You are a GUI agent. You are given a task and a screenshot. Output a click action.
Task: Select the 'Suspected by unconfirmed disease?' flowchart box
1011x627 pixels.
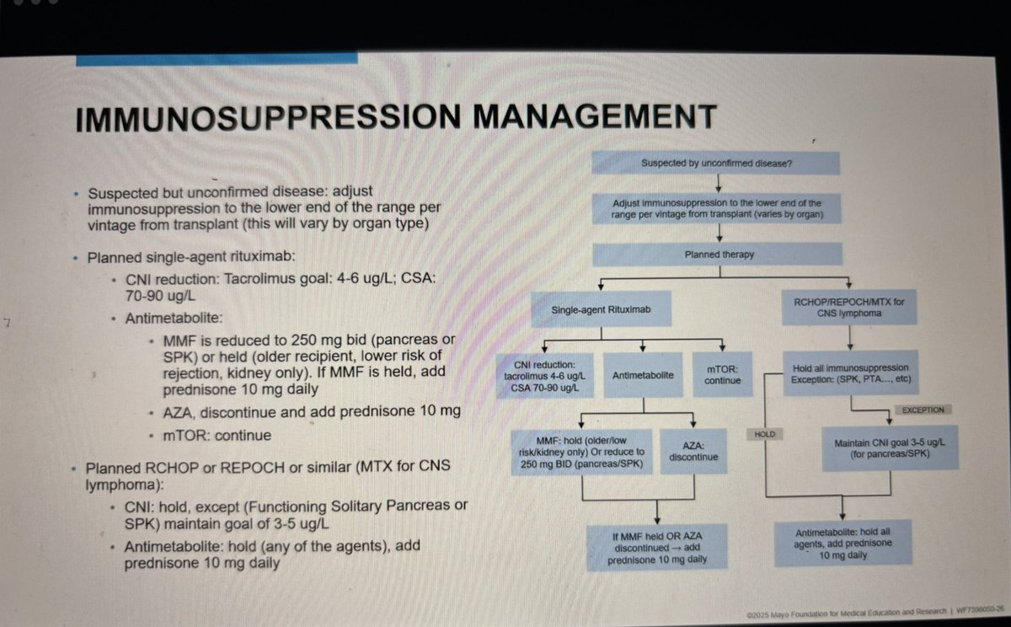[716, 163]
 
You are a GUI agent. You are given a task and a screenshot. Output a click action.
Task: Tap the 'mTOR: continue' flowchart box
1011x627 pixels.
[723, 374]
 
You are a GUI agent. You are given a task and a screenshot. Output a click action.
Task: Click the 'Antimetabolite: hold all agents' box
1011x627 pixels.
[842, 544]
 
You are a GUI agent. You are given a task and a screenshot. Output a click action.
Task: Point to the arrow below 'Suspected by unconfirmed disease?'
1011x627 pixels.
[716, 184]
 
